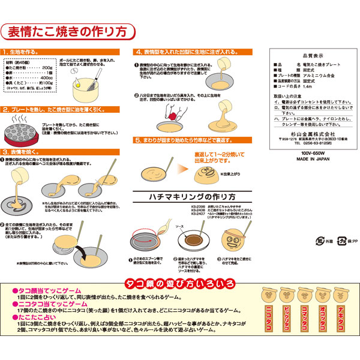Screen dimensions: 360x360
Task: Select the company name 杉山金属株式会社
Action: [308, 128]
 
